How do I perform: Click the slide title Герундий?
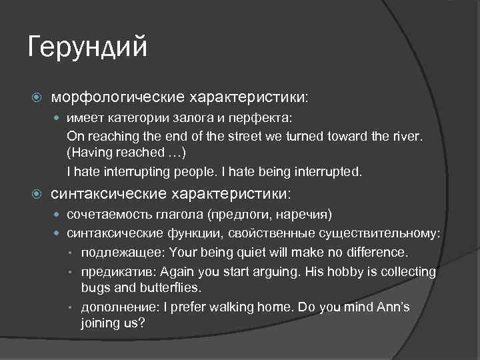click(87, 49)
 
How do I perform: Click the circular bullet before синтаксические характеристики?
click(37, 195)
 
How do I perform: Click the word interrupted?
click(327, 171)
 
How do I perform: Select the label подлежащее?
click(123, 253)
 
